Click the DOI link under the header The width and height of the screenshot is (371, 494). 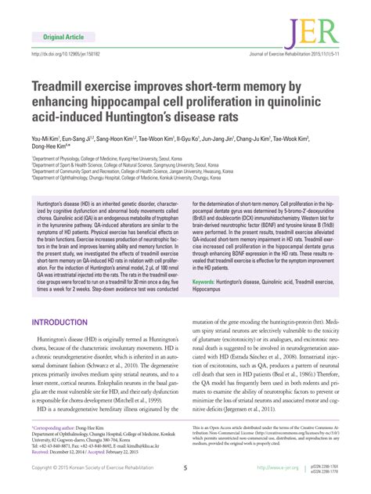click(x=68, y=56)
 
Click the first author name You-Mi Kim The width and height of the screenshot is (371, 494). click(x=46, y=137)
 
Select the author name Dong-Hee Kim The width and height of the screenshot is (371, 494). click(x=50, y=146)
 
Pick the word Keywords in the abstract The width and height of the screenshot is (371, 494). click(x=207, y=258)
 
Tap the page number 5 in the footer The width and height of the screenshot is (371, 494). click(x=185, y=467)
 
